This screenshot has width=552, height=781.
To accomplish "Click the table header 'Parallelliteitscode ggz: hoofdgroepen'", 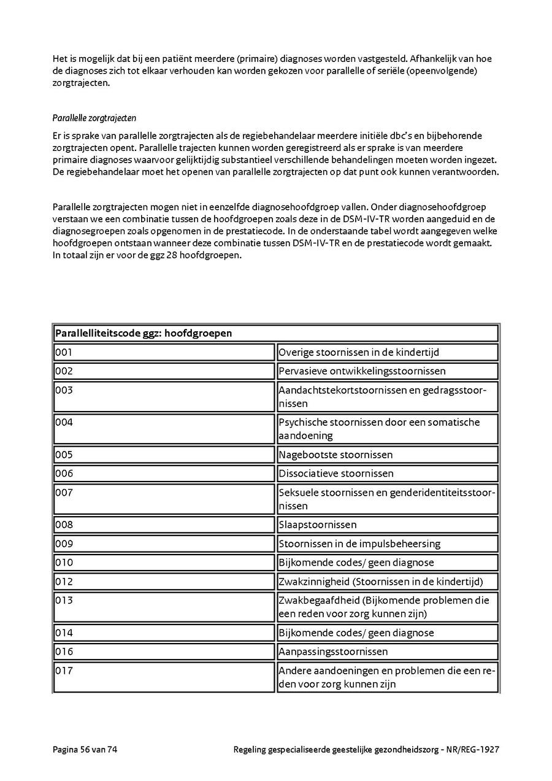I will tap(144, 333).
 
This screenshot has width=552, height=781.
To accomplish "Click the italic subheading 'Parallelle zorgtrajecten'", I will tap(94, 117).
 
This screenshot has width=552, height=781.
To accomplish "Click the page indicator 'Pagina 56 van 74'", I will tap(85, 749).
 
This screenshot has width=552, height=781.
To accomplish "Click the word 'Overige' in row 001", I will tap(296, 352).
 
